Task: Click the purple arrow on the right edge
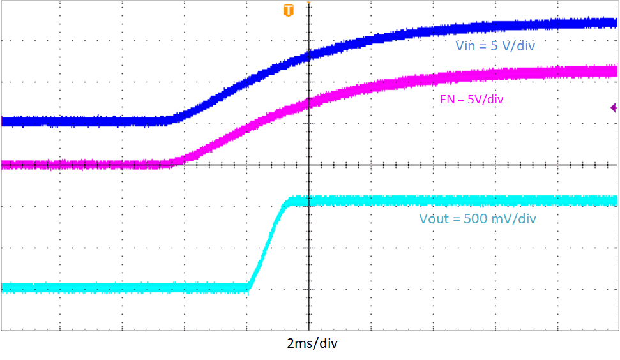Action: pos(614,108)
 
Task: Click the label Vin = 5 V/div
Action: pos(495,46)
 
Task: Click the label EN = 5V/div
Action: pos(467,99)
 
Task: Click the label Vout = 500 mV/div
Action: pos(477,219)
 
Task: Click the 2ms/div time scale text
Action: pos(312,343)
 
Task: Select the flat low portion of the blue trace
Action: pos(83,121)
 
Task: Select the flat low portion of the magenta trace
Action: pos(83,164)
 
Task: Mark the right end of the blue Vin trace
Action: pos(615,22)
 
